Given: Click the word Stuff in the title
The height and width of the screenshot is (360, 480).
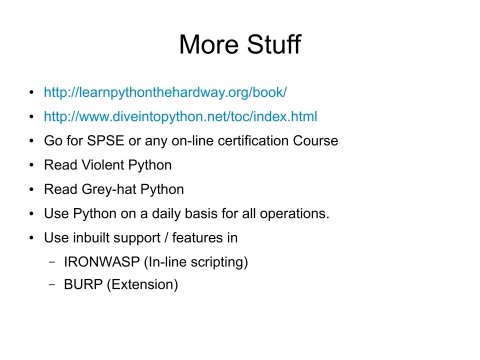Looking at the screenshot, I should [270, 45].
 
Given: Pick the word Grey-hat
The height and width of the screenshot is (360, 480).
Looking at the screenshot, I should [108, 189].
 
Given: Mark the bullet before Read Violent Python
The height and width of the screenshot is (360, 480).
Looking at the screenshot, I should [33, 165].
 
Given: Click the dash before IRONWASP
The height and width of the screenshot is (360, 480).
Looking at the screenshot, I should [51, 262].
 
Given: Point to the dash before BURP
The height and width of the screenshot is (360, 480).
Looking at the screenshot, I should [51, 285].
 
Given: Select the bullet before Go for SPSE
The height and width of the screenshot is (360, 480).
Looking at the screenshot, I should [33, 141].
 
